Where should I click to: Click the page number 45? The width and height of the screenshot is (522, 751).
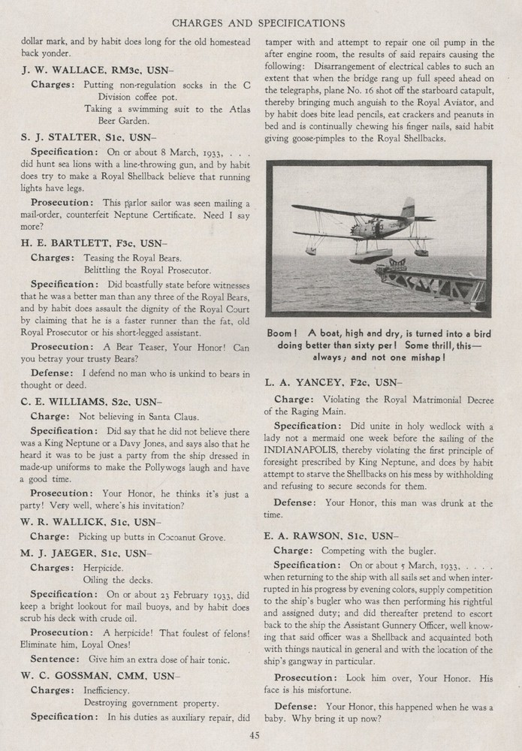(255, 735)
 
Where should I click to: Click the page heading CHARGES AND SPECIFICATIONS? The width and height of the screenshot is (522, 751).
(259, 23)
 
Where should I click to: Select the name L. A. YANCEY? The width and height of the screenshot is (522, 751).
(300, 382)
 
